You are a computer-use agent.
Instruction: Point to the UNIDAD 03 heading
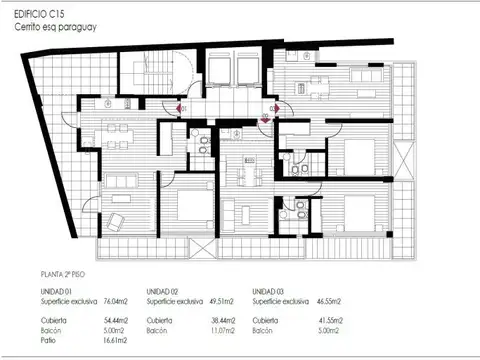click(x=271, y=290)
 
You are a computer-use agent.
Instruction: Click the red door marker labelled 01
click(x=182, y=107)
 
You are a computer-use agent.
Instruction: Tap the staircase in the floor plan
click(x=139, y=70)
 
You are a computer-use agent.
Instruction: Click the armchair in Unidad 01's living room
click(x=117, y=219)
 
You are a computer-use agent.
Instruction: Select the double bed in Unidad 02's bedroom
click(x=189, y=209)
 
